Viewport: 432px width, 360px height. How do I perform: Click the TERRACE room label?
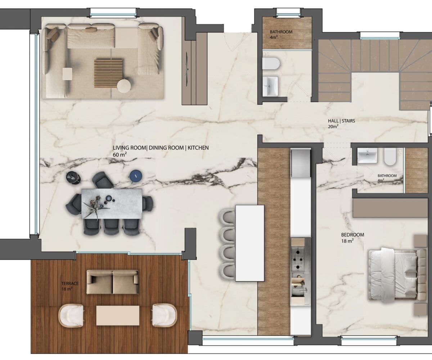click(70, 283)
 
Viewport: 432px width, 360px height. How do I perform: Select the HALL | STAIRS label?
click(341, 121)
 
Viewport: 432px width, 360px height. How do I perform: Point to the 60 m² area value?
click(120, 154)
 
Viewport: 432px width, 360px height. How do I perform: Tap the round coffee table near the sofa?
click(124, 86)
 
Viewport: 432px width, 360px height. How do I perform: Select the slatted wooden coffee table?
click(108, 74)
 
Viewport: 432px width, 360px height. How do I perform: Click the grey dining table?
click(112, 204)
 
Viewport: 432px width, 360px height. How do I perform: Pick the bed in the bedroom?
click(397, 274)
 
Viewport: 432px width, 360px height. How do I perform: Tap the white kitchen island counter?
click(250, 243)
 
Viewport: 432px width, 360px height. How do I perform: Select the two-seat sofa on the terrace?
click(113, 282)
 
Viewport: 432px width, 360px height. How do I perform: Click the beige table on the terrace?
click(117, 315)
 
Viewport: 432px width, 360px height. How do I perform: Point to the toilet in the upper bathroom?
click(271, 63)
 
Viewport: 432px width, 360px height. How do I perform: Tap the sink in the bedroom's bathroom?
click(367, 156)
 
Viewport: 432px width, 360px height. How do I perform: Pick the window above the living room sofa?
click(113, 15)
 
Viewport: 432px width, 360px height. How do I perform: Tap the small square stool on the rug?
click(67, 74)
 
